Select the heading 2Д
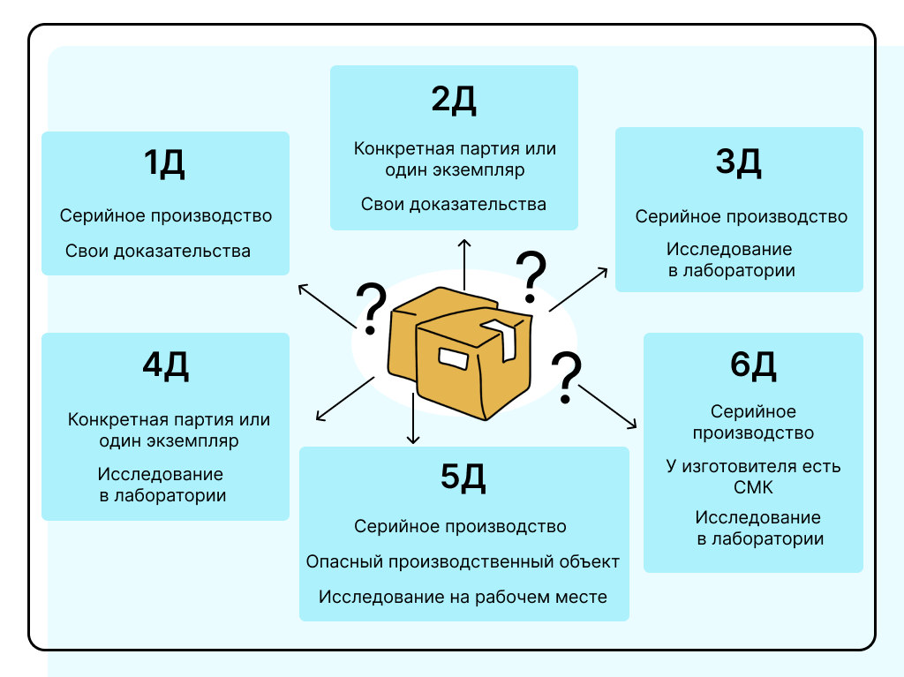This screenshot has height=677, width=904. [x=454, y=100]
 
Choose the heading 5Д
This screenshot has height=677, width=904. [x=463, y=478]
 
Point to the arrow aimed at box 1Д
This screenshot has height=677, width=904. [x=327, y=306]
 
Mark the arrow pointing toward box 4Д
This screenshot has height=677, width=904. [x=344, y=397]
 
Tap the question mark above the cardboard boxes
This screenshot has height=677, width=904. [x=530, y=273]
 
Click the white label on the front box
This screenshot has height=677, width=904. [x=453, y=359]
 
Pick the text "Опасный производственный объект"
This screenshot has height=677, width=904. [x=463, y=562]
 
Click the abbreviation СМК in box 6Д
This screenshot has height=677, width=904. [x=753, y=487]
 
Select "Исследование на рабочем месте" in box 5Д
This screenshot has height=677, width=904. [x=463, y=597]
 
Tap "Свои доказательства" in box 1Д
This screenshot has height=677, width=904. [x=158, y=252]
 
